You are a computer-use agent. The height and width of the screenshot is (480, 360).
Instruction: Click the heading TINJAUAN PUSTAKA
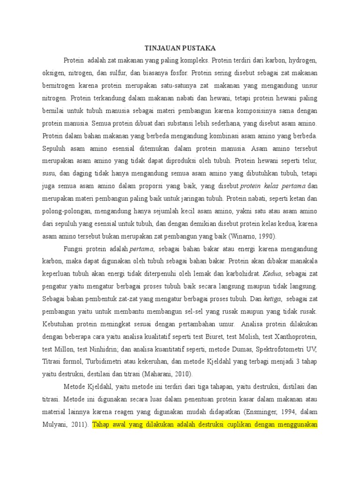180,48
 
